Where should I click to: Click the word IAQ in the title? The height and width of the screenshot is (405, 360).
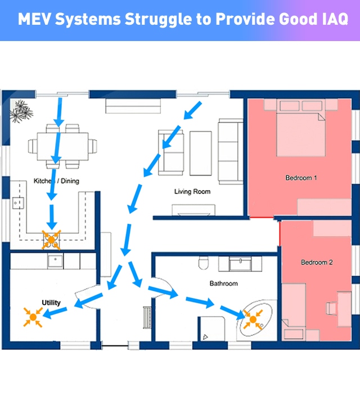(x=335, y=19)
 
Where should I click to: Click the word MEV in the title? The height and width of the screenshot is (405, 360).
(x=33, y=19)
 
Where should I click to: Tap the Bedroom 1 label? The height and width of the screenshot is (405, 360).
(x=301, y=178)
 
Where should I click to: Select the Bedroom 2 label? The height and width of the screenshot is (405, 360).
(x=317, y=263)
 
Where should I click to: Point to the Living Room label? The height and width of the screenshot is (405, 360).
(x=192, y=192)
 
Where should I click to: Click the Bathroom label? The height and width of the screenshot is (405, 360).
(x=224, y=283)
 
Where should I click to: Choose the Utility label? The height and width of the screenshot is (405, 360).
(x=51, y=303)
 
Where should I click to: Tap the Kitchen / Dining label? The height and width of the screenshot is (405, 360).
(x=56, y=181)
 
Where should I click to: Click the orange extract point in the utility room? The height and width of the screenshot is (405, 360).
(x=33, y=317)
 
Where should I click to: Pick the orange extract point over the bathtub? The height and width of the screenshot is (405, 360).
(x=253, y=319)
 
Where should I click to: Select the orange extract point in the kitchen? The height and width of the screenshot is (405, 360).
(x=51, y=240)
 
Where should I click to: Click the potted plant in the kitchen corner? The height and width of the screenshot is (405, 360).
(x=21, y=111)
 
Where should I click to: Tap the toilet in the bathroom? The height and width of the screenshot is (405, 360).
(x=204, y=263)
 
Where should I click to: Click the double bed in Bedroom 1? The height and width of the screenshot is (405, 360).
(x=300, y=128)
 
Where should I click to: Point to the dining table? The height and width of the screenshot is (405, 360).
(x=63, y=146)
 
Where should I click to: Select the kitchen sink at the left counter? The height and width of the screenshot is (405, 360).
(x=18, y=203)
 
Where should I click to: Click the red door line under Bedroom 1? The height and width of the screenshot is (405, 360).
(x=262, y=218)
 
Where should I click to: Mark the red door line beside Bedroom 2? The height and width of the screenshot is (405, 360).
(x=280, y=233)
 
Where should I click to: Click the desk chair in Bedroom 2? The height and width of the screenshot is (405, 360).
(x=331, y=308)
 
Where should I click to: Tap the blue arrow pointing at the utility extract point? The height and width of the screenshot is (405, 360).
(x=55, y=313)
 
